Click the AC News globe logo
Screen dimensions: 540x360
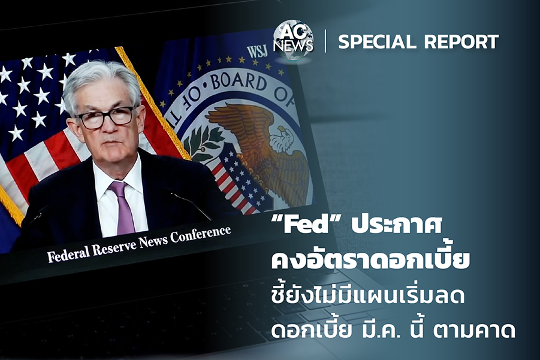tap(294, 41)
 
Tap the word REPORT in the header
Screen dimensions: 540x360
tap(461, 42)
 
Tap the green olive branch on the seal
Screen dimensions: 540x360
tap(203, 142)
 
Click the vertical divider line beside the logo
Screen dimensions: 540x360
tap(325, 41)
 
